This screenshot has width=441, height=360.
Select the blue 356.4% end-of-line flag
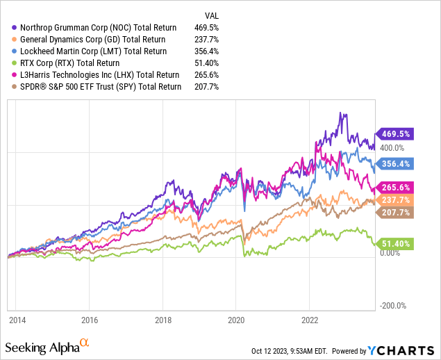(x=393, y=164)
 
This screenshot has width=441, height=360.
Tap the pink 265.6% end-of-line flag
(x=393, y=188)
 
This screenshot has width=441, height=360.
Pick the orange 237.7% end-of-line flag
(x=393, y=199)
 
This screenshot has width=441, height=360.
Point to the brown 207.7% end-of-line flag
(x=393, y=212)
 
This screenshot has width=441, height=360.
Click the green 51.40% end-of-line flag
(x=393, y=244)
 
